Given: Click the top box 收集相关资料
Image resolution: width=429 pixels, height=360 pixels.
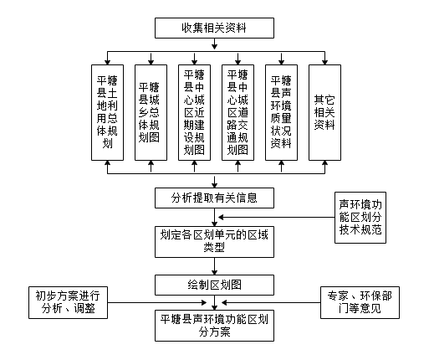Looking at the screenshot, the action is tap(214, 28).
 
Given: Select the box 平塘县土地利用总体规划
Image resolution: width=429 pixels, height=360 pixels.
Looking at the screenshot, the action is tap(107, 113).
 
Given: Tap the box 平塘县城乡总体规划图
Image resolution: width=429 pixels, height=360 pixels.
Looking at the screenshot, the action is tap(151, 113).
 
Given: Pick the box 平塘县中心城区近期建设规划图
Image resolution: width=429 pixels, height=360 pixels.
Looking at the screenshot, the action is tap(194, 113).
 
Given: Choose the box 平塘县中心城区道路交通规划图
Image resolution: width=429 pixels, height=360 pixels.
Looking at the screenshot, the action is tap(237, 113).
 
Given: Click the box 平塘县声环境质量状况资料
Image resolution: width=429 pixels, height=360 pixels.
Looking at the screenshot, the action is tap(281, 113).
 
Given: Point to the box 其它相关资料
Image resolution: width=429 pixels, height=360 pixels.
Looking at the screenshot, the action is tap(324, 113).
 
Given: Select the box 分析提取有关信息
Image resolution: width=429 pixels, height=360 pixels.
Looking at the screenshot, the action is tap(214, 198).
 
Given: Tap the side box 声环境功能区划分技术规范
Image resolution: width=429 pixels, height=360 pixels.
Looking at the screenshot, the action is tap(360, 218).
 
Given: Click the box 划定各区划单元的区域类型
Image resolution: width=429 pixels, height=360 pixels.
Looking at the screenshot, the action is tap(214, 242).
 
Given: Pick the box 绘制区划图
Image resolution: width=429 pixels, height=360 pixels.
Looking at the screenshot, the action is tap(214, 285).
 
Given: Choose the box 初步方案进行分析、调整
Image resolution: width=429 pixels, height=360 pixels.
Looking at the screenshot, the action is tap(68, 302).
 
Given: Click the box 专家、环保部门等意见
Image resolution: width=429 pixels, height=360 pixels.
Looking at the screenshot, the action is tap(360, 302).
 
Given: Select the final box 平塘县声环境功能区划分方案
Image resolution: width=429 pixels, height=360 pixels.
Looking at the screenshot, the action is tap(214, 326).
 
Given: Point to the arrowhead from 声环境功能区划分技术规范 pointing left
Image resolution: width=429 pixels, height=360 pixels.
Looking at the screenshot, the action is tap(221, 217).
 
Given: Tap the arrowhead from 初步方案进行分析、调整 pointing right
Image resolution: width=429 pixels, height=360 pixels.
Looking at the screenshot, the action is tap(204, 302).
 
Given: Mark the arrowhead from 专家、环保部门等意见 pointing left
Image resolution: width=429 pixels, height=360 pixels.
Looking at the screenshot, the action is tap(225, 302).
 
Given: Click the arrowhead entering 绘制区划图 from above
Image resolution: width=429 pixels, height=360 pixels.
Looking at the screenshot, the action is tap(214, 272).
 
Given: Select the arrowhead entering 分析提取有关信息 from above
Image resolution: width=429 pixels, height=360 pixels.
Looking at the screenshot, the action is tap(214, 185).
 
